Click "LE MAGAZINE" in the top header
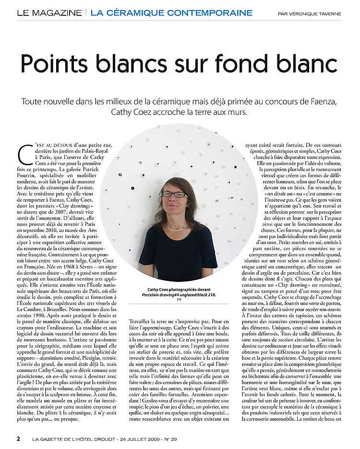pos(49,13)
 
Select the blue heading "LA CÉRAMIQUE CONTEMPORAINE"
pos(171,13)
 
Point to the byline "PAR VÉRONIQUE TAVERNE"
pos(310,14)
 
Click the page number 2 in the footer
pos(18,438)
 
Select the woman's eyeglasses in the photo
pos(175,194)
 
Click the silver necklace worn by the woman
pos(177,227)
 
